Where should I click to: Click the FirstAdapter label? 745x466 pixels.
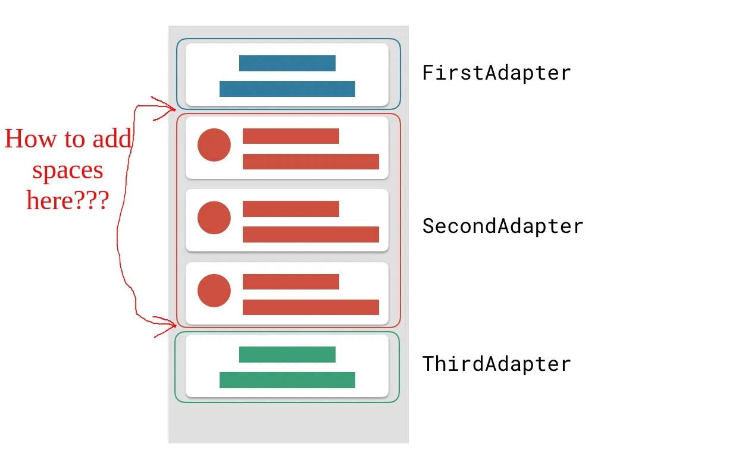pos(496,73)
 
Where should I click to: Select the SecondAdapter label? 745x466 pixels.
pos(503,226)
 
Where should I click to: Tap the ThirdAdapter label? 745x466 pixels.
pos(496,363)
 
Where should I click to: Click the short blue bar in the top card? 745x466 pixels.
pos(287,63)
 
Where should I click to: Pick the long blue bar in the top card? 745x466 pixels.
pos(287,89)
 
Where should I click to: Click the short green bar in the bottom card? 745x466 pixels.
pos(287,354)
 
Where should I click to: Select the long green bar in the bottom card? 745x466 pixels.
pos(287,380)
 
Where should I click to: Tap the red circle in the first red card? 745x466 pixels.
pos(214,145)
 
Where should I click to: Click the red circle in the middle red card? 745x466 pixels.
pos(214,218)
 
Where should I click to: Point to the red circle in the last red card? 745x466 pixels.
pos(214,291)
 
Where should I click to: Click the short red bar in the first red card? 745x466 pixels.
pos(291,136)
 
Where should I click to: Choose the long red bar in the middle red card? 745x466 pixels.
pos(311,234)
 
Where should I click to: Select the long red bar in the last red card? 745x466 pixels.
pos(311,307)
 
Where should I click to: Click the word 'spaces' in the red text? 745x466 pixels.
pos(68,171)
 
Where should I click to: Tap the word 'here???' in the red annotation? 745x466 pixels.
pos(68,201)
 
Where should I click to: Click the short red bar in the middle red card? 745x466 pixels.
pos(291,209)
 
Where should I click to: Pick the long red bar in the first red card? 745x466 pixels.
pos(311,162)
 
